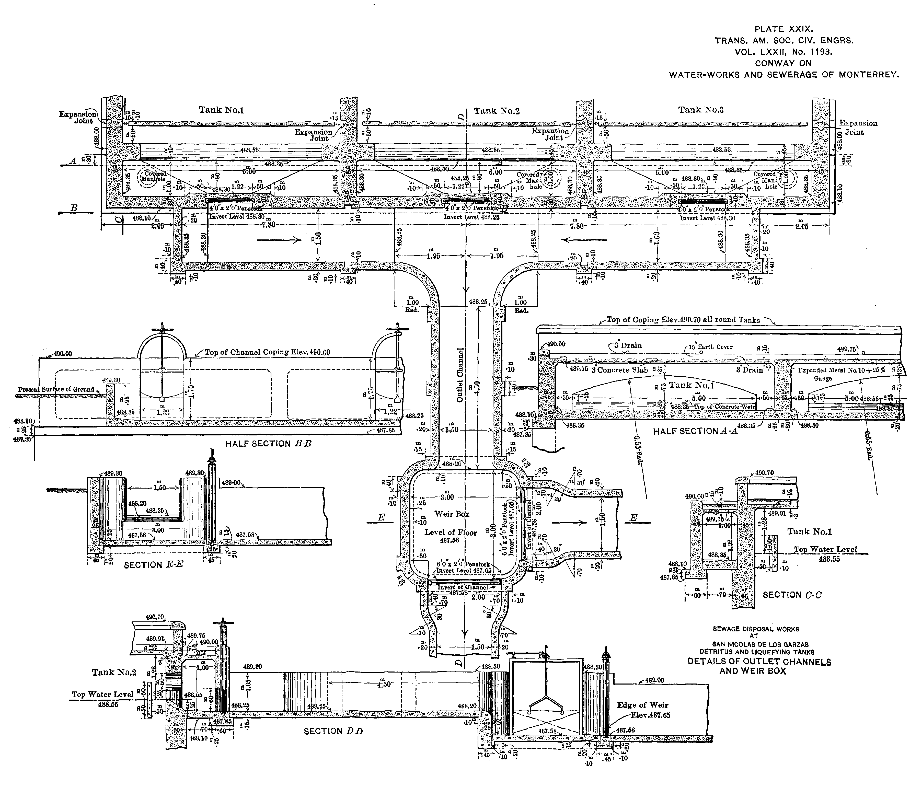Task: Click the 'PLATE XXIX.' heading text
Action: coord(784,29)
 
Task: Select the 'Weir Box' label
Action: coord(452,514)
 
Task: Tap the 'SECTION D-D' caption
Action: coord(333,731)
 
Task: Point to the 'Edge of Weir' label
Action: coord(642,705)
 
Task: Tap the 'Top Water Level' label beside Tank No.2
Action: coord(102,695)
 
